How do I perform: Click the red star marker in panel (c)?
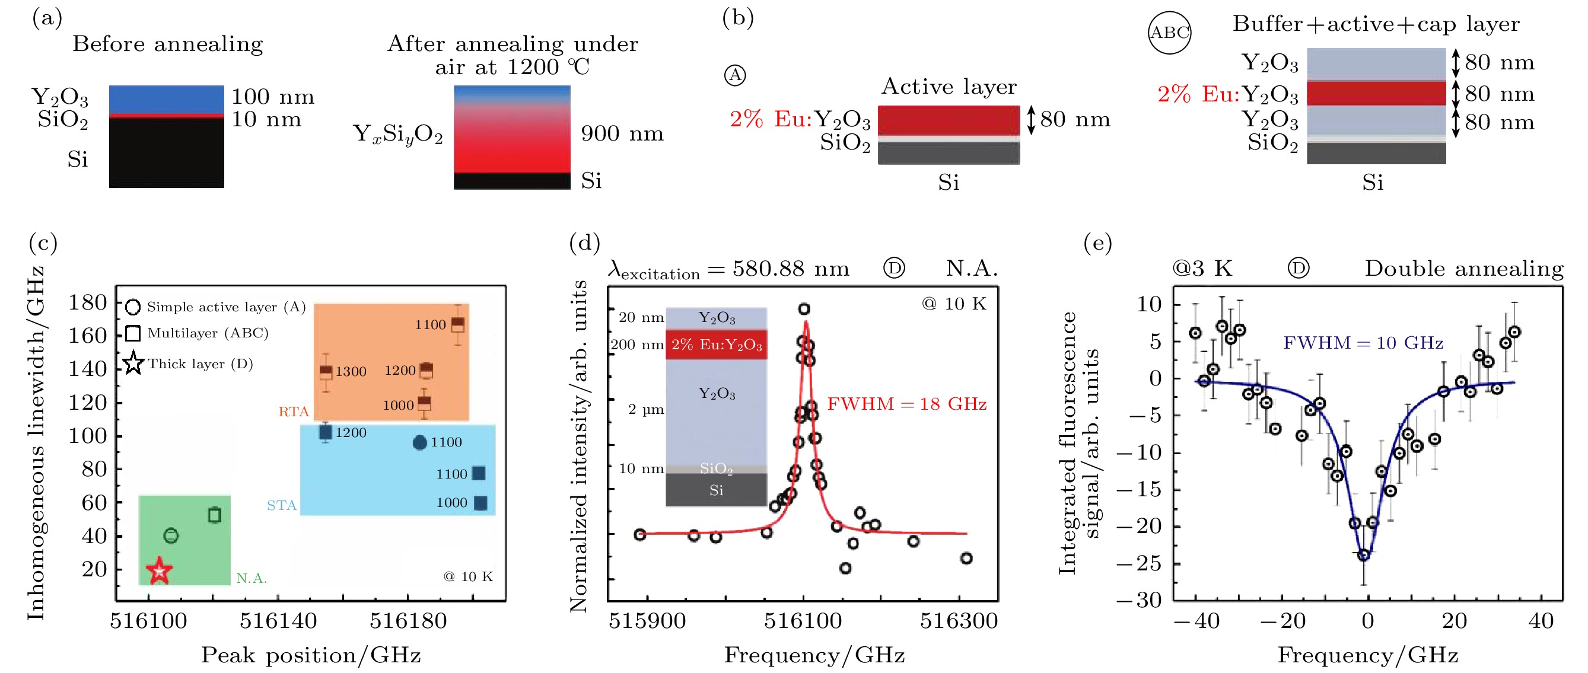(x=159, y=570)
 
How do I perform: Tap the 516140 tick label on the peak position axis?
(x=278, y=620)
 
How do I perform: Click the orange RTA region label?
(x=293, y=411)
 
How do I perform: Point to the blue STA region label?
(x=281, y=505)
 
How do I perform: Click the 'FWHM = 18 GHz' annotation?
(x=906, y=404)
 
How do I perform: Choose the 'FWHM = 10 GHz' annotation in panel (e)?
(x=1363, y=343)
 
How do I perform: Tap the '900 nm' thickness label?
(x=622, y=133)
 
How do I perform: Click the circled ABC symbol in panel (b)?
(x=1169, y=33)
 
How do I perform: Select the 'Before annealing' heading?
(x=168, y=44)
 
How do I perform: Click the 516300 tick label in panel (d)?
(x=959, y=620)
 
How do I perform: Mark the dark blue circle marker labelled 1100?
(x=419, y=442)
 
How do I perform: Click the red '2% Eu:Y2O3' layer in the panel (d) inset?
(x=717, y=345)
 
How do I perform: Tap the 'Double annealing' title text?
(x=1464, y=269)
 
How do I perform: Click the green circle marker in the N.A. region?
(x=171, y=535)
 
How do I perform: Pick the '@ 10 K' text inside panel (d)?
(x=954, y=304)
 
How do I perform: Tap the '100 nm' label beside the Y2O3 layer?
(x=272, y=97)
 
